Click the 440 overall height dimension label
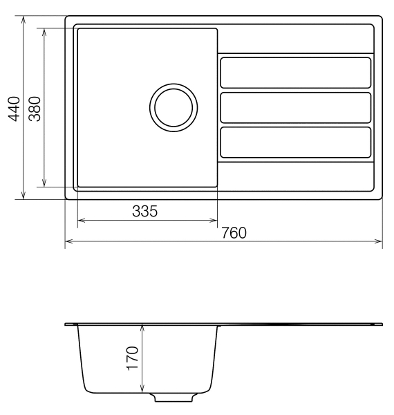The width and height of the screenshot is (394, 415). coord(14,109)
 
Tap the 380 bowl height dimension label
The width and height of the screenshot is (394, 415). coord(35,109)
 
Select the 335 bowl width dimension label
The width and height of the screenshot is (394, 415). coord(144,211)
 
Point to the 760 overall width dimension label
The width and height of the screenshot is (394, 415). coord(234,233)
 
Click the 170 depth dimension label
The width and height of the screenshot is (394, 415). coord(133,358)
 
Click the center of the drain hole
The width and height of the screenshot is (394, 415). coord(173,107)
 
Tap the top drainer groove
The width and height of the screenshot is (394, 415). coord(296,73)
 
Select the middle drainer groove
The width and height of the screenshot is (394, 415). coord(296,107)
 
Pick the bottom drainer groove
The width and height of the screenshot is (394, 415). coord(296,142)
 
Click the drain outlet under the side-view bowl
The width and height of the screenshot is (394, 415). coord(173,397)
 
